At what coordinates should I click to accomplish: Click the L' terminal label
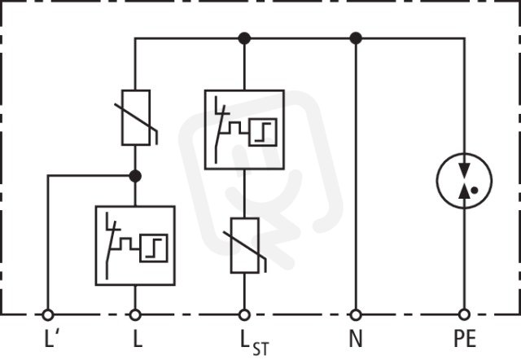point(51,338)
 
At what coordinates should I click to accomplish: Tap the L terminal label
point(138,338)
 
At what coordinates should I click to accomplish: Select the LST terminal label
point(254,343)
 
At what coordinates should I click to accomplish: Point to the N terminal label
point(356,338)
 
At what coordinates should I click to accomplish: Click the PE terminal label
point(465,338)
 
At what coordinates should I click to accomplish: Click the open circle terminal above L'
point(48,314)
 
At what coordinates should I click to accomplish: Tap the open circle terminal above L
point(135,314)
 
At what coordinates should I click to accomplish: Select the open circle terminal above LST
point(244,314)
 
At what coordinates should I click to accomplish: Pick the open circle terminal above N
point(356,314)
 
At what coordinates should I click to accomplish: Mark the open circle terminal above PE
point(464,314)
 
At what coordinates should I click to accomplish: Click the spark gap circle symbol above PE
point(436,181)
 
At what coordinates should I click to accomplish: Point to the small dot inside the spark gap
point(475,190)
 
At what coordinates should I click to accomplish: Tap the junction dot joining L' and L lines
point(135,176)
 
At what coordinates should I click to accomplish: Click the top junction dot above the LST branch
point(244,38)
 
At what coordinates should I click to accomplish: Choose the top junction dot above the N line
point(356,38)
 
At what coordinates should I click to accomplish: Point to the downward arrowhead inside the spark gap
point(464,168)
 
